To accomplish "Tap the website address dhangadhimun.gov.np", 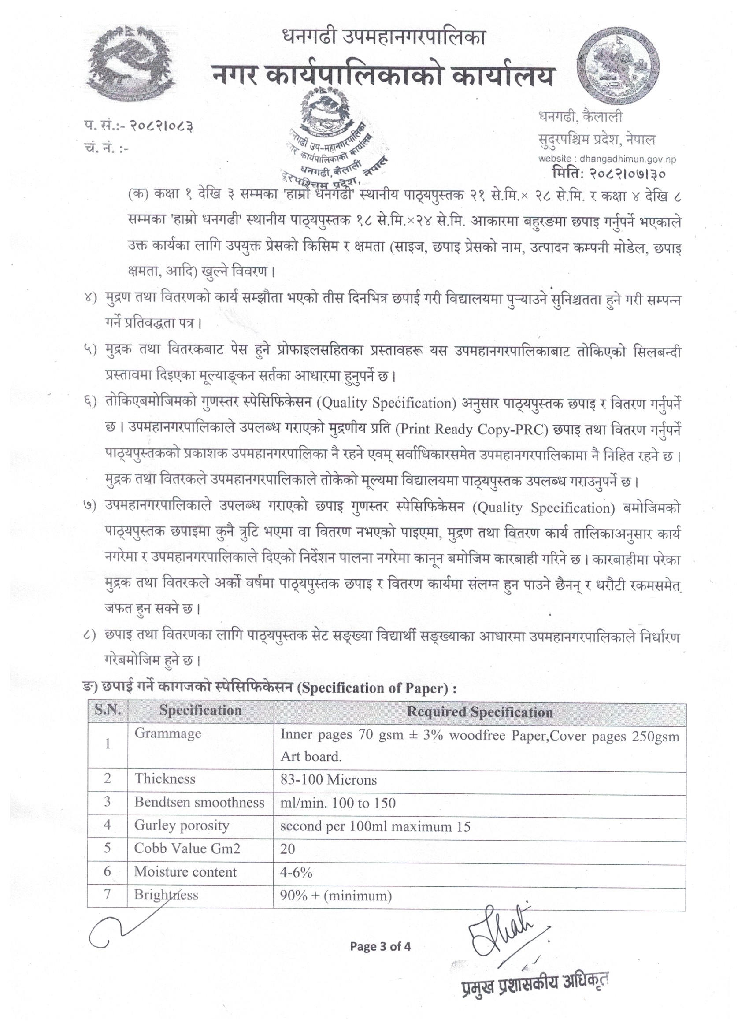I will pyautogui.click(x=607, y=159).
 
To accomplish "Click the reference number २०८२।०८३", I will pyautogui.click(x=161, y=126).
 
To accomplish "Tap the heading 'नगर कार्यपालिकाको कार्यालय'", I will pyautogui.click(x=383, y=76).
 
